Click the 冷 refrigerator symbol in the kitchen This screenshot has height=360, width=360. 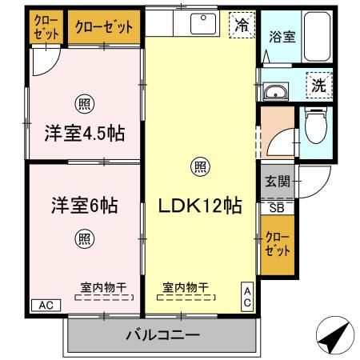point(240,25)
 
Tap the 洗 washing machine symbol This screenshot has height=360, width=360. point(318,84)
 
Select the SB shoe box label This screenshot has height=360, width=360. point(276,207)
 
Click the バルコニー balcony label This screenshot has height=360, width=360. point(162,334)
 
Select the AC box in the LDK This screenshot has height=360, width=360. point(248,297)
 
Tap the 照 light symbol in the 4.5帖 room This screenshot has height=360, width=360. point(83,102)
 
